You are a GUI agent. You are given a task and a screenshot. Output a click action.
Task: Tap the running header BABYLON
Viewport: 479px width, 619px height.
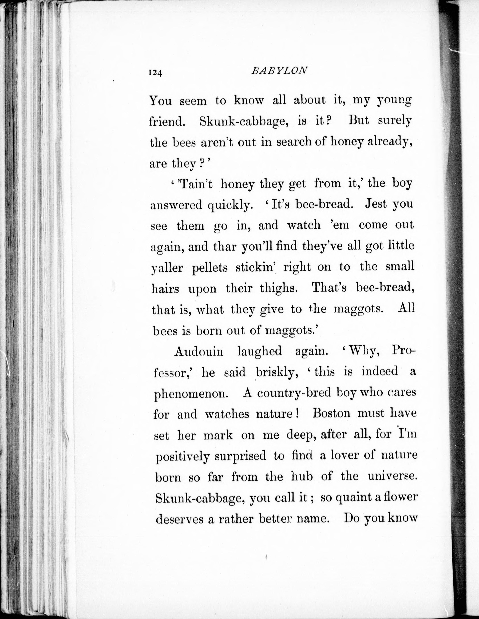279,71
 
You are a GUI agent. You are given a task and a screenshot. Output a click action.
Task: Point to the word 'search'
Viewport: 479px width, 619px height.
294,142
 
